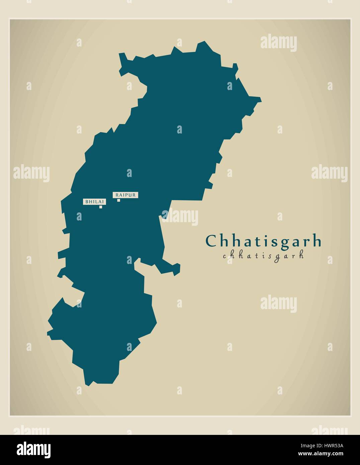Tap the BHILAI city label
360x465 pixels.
click(94, 201)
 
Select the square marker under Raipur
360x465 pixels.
click(118, 200)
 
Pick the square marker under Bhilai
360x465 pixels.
click(100, 207)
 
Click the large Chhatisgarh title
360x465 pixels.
click(263, 241)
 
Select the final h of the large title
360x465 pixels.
click(317, 241)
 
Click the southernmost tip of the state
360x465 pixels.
click(88, 385)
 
